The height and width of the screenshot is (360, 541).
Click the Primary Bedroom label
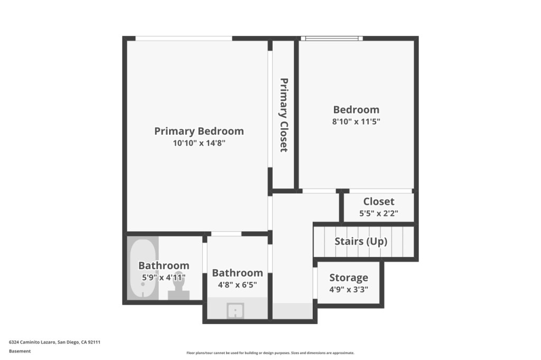pos(199,131)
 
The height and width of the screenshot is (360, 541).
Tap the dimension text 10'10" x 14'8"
pos(199,143)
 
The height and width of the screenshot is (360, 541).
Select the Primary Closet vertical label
pos(283,115)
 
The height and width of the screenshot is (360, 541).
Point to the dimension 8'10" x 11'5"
pos(356,121)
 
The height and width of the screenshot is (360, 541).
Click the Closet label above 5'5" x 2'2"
pos(378,202)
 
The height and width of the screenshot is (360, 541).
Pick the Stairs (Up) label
pos(361,241)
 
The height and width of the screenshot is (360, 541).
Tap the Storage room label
pos(349,278)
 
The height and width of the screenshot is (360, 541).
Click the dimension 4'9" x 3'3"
pos(349,289)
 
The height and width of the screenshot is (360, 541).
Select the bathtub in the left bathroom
pos(143,268)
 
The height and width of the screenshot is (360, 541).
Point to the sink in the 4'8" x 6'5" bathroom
pos(235,311)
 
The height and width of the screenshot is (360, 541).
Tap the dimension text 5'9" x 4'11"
pos(164,277)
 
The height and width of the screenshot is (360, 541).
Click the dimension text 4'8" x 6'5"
pos(237,285)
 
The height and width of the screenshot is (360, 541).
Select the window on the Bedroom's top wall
pos(332,39)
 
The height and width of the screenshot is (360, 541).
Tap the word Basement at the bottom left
pos(20,351)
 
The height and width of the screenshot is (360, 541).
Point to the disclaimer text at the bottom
pos(270,353)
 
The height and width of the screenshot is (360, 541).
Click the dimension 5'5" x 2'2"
pos(378,213)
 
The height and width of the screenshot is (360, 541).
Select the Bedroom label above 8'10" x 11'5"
pos(356,110)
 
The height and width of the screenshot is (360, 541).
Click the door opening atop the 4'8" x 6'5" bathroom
pos(226,234)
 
